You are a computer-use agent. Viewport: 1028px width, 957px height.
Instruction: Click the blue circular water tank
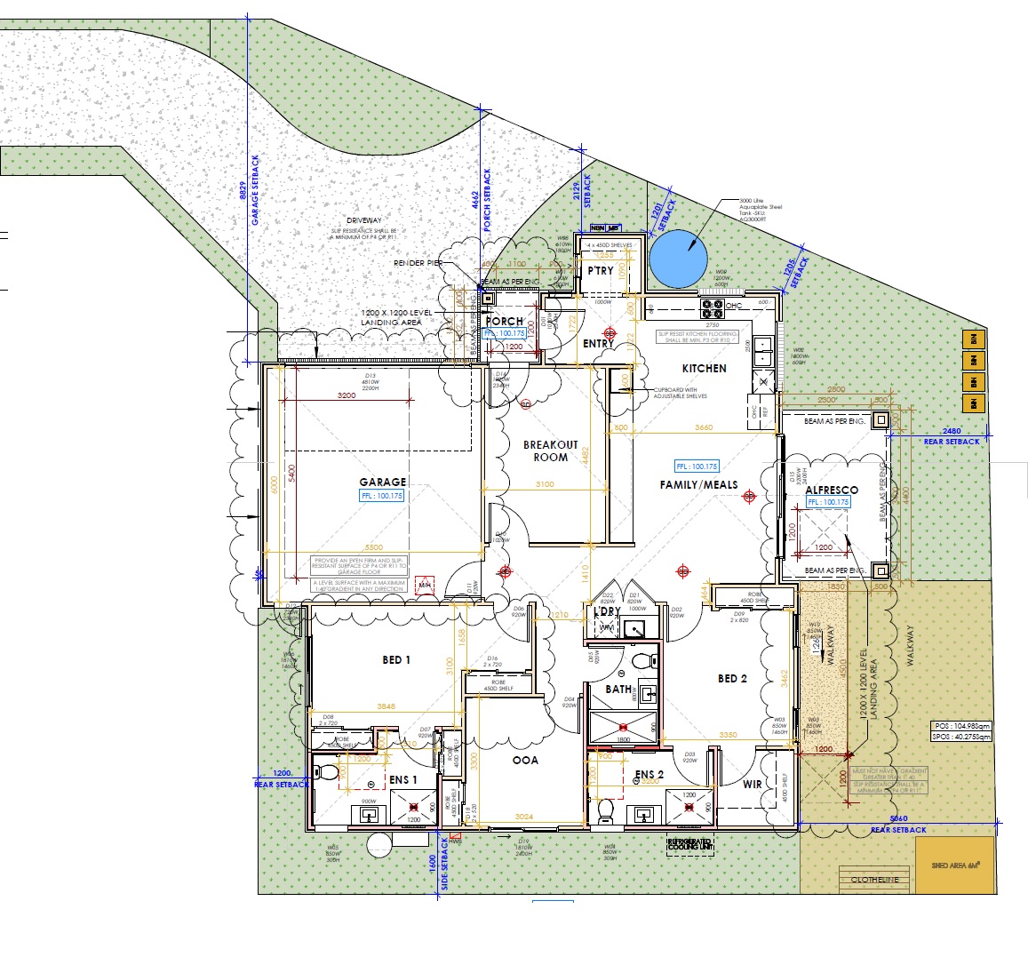(x=678, y=259)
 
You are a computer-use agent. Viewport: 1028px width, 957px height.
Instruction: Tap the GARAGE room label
(x=383, y=482)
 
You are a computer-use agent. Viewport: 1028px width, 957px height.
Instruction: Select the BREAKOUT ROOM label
(x=550, y=451)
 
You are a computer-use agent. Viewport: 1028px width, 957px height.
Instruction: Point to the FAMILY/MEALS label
(x=698, y=484)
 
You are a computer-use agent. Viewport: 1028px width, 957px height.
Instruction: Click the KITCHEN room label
(x=704, y=368)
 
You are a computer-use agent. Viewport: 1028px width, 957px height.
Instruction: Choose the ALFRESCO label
(x=832, y=490)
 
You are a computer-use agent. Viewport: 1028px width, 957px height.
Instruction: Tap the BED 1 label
(x=396, y=659)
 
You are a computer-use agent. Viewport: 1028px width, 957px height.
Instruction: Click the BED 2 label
(x=732, y=678)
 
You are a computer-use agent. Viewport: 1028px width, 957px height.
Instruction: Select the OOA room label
(x=525, y=760)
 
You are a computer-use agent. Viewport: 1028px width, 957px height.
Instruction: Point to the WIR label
(x=752, y=784)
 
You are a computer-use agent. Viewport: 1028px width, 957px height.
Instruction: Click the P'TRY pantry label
(x=601, y=270)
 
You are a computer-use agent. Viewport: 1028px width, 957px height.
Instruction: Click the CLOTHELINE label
(x=874, y=880)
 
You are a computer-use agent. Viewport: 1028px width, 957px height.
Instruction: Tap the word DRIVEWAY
(x=364, y=220)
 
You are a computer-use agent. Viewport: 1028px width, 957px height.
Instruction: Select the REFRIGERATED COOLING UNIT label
(x=689, y=844)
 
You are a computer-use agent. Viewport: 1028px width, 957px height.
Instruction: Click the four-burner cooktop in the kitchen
(x=713, y=308)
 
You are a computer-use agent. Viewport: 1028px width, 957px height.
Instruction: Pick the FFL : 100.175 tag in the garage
(x=382, y=496)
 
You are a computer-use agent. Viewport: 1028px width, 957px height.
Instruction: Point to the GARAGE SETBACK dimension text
(x=255, y=189)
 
